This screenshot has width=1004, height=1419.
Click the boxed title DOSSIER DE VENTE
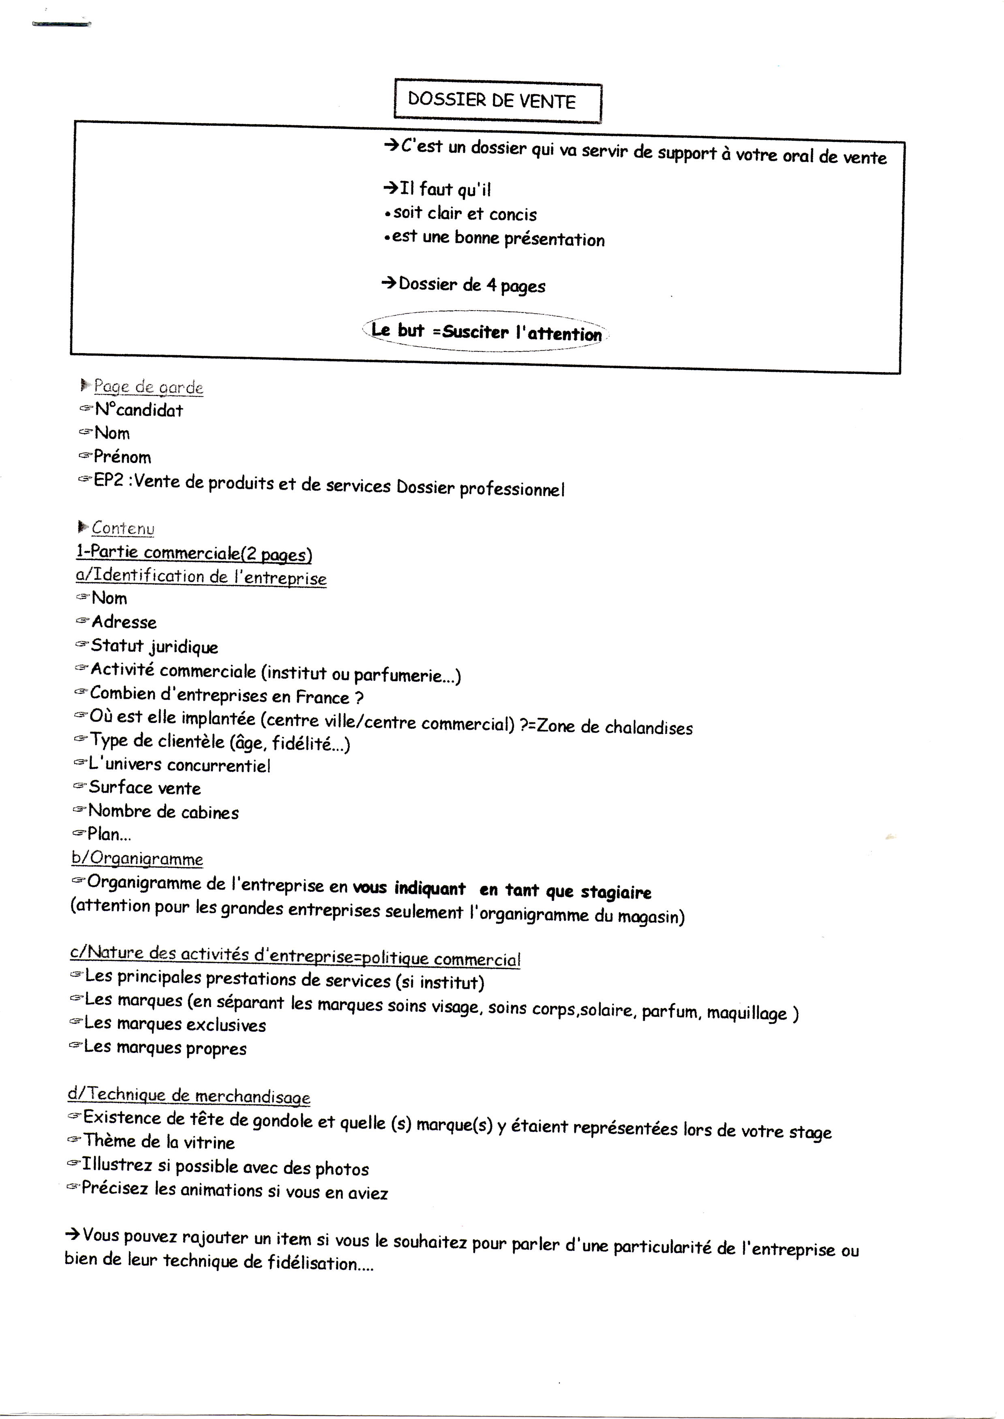pos(492,101)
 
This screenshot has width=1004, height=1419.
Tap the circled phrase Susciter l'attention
pos(522,332)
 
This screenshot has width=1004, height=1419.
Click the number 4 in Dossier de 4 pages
pos(492,285)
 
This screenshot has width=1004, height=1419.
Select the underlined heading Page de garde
pos(148,387)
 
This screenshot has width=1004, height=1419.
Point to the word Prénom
pos(122,457)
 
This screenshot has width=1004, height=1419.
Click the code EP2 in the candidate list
pos(109,480)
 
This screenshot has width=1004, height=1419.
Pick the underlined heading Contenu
pos(123,528)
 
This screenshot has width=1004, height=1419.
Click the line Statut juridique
pos(154,646)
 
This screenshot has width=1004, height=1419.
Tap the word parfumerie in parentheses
pos(398,675)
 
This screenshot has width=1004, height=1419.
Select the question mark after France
pos(359,697)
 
